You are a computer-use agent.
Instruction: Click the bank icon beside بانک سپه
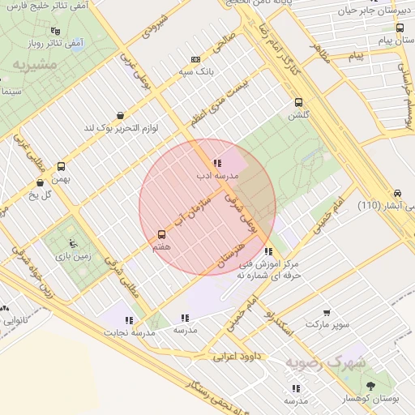pyautogui.click(x=195, y=59)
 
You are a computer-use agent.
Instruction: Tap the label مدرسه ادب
pyautogui.click(x=216, y=174)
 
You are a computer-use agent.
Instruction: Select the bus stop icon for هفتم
pyautogui.click(x=160, y=235)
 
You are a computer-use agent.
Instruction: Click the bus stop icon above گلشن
pyautogui.click(x=299, y=103)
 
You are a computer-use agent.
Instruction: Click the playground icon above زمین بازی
pyautogui.click(x=74, y=242)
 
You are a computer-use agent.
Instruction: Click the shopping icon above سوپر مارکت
pyautogui.click(x=327, y=313)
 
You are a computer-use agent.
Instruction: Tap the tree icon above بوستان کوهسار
pyautogui.click(x=370, y=387)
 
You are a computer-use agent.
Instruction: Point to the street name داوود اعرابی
pyautogui.click(x=240, y=355)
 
